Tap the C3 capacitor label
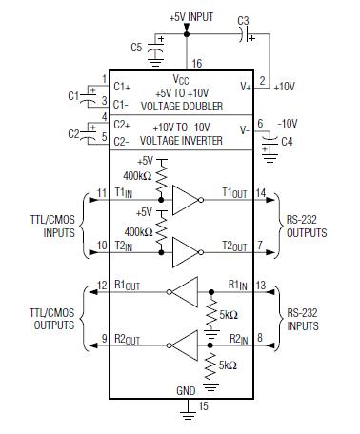pyautogui.click(x=243, y=20)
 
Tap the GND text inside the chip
pyautogui.click(x=186, y=389)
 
